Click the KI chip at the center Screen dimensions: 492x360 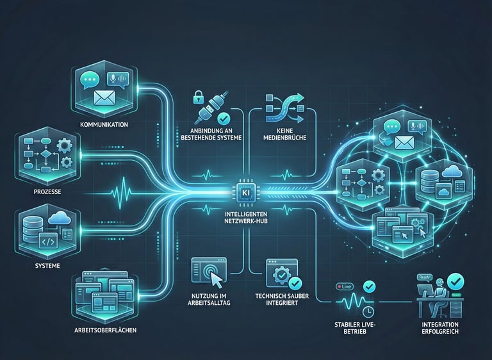[x=245, y=192]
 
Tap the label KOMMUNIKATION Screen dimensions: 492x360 [x=105, y=124]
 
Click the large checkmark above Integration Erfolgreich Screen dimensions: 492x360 [x=456, y=281]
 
